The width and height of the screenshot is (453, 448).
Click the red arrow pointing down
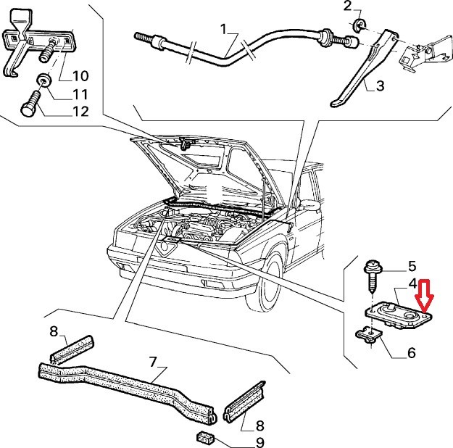click(x=424, y=296)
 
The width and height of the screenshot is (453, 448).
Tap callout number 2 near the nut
click(x=347, y=7)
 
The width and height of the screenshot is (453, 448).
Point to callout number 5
click(x=412, y=266)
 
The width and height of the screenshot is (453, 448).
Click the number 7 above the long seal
click(x=153, y=361)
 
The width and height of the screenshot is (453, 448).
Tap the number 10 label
click(x=80, y=75)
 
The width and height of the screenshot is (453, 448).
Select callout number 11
click(x=80, y=94)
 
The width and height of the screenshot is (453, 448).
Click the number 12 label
click(x=80, y=112)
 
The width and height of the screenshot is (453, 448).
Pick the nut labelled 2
click(x=359, y=28)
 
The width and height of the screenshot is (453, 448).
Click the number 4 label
click(x=412, y=284)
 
